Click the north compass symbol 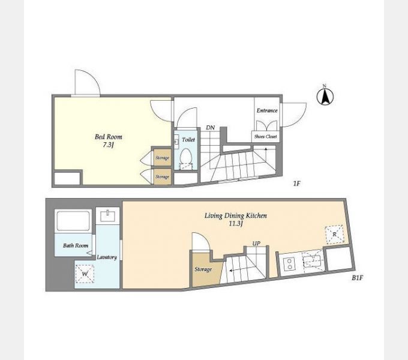point(325,95)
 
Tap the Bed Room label point(108,137)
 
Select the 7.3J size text point(108,145)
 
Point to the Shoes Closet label point(265,136)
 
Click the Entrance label point(267,110)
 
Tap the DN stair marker point(210,128)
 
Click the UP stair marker point(256,244)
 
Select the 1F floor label point(296,184)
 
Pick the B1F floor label point(357,278)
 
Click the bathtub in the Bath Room point(73,221)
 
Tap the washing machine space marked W point(85,274)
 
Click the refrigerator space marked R point(334,235)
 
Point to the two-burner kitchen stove point(289,263)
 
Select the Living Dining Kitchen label point(235,215)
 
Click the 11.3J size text point(236,224)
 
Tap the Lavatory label point(107,257)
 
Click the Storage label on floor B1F point(203,269)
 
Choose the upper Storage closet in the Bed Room point(163,157)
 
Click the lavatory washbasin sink point(108,215)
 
